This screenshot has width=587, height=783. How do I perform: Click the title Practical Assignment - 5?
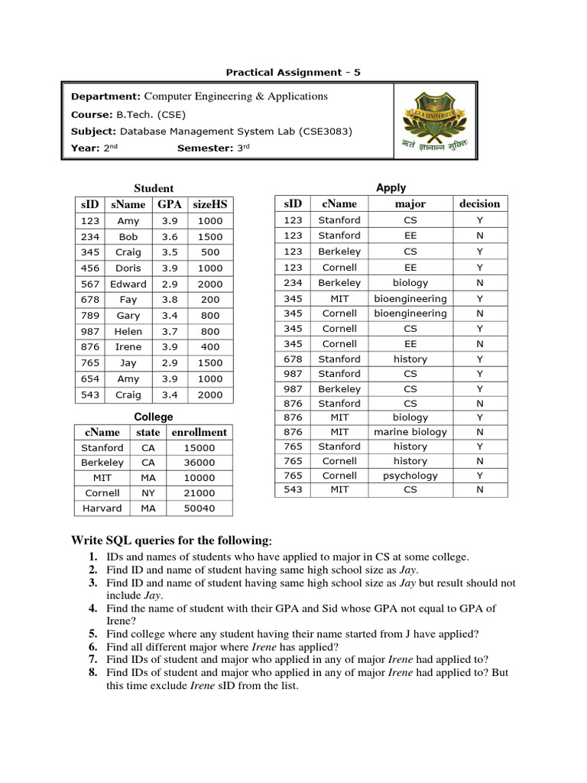click(x=293, y=73)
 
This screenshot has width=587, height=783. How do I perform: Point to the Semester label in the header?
click(x=204, y=148)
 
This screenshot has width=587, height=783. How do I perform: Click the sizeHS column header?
click(x=210, y=204)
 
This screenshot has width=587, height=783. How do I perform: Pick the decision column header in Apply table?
click(x=479, y=203)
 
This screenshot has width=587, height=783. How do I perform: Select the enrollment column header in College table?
click(x=199, y=432)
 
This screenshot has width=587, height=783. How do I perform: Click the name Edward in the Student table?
click(x=128, y=284)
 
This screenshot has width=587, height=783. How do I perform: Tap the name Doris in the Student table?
click(x=128, y=268)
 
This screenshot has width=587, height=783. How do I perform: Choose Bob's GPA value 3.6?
click(x=170, y=237)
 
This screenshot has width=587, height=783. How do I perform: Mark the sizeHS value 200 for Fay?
click(x=210, y=300)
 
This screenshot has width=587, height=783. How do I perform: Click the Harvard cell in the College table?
click(x=102, y=508)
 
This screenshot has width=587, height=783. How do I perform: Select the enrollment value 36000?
click(x=199, y=463)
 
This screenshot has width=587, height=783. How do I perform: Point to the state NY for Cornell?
click(x=148, y=493)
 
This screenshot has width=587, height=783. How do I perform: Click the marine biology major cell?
click(x=410, y=432)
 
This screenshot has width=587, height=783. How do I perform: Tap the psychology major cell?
click(x=410, y=476)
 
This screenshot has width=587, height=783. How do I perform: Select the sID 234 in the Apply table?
click(x=293, y=283)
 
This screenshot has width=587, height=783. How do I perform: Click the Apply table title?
click(x=391, y=187)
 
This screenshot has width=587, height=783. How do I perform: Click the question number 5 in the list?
click(x=92, y=634)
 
